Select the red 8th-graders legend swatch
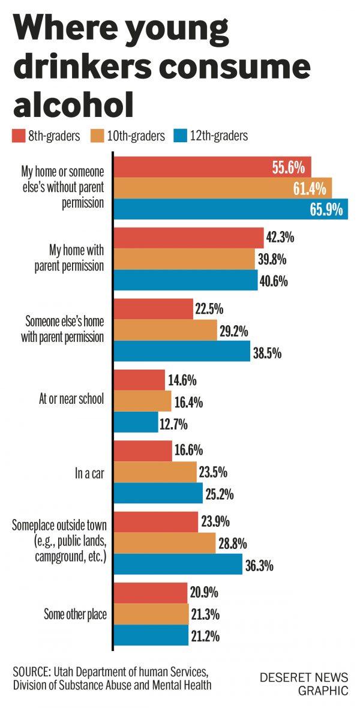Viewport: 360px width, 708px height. tap(17, 136)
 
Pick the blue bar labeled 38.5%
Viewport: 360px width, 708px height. tap(182, 352)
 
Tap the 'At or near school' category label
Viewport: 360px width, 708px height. tap(70, 400)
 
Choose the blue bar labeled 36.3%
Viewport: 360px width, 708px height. tap(178, 565)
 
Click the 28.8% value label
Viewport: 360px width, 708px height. tap(235, 543)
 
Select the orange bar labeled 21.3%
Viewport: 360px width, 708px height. tap(151, 614)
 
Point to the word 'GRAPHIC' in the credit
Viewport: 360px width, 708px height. tap(323, 691)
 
